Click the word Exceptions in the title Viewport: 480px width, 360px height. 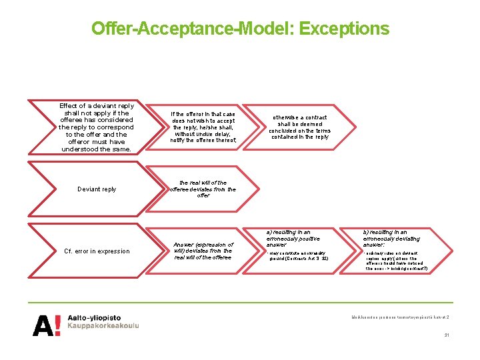[x=344, y=29]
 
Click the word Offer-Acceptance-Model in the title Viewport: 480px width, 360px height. [x=193, y=29]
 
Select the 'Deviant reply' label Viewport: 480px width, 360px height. [x=97, y=189]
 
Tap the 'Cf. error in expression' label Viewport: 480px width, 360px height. [x=97, y=251]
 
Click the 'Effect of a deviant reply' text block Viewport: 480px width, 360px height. [x=97, y=127]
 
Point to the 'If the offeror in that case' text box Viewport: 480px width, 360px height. [x=203, y=127]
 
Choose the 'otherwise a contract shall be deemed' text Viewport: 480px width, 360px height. [x=299, y=127]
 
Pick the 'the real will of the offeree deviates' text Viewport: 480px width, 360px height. [x=203, y=189]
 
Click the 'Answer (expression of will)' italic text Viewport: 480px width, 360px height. [x=203, y=251]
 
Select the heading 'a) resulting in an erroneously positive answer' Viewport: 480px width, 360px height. [x=293, y=239]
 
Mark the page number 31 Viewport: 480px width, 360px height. [x=447, y=335]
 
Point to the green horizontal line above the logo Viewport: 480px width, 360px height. [x=240, y=301]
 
